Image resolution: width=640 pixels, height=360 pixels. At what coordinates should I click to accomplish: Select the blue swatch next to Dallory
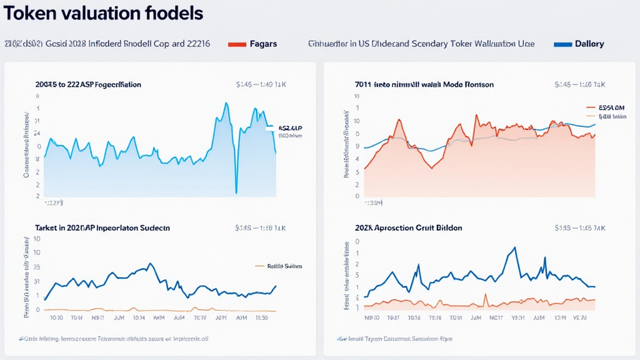tap(564, 44)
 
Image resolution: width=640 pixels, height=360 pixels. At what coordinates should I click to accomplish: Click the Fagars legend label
tap(262, 44)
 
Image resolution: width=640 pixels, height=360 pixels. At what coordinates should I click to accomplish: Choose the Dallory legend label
tap(590, 44)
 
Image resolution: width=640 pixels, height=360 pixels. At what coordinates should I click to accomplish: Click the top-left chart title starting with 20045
tap(88, 84)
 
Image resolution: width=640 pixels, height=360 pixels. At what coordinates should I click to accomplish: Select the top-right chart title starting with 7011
tap(424, 84)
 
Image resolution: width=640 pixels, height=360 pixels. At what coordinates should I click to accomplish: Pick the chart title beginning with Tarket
tap(102, 228)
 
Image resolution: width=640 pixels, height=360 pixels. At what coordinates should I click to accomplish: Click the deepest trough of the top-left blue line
tap(236, 192)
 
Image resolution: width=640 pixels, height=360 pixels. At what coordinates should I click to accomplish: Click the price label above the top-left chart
tap(255, 84)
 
